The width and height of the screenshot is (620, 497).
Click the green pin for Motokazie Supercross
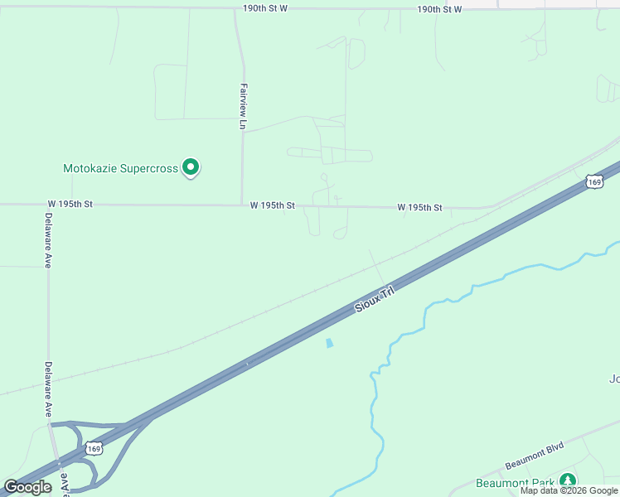click(x=191, y=167)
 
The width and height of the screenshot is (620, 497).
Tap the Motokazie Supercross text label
click(x=121, y=168)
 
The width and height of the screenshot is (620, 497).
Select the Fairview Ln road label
click(x=243, y=106)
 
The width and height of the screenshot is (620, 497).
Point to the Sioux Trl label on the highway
click(x=373, y=300)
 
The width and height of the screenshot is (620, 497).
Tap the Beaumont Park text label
click(x=515, y=483)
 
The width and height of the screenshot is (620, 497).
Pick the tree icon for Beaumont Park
click(x=568, y=480)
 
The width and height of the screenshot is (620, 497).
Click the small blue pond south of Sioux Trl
click(x=330, y=343)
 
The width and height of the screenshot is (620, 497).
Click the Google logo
click(x=27, y=487)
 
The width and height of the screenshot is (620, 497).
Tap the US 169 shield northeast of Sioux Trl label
click(x=593, y=181)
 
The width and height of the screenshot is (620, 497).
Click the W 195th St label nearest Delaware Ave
click(x=70, y=204)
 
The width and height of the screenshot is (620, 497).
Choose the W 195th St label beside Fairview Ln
click(x=273, y=205)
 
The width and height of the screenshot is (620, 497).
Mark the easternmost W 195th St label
click(x=419, y=207)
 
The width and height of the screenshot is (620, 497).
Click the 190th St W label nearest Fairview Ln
click(x=265, y=8)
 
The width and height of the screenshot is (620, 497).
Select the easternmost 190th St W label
click(x=439, y=9)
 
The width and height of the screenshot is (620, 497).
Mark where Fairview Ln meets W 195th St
click(x=243, y=205)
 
